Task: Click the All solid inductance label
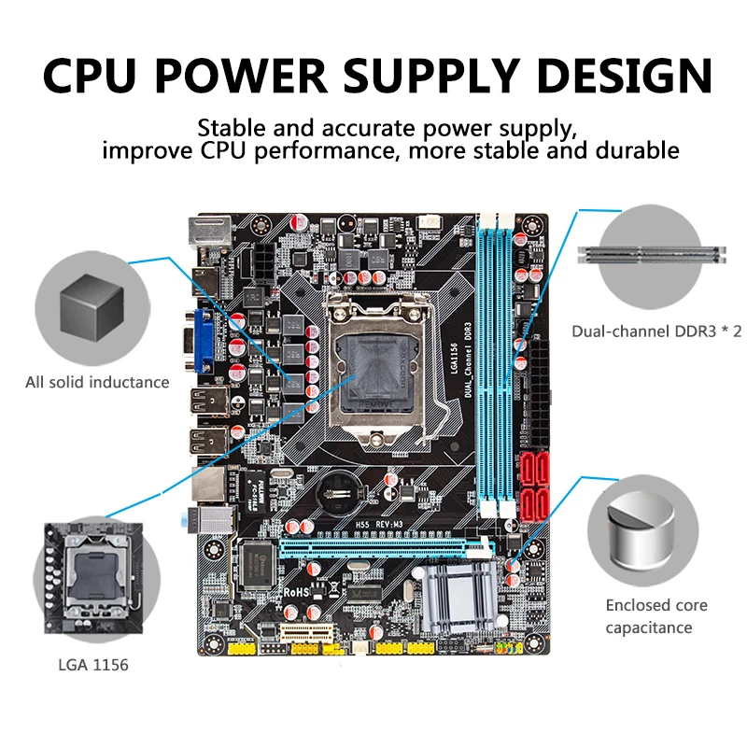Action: (x=98, y=382)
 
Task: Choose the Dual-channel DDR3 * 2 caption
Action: (x=656, y=331)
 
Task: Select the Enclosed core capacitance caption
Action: (x=656, y=616)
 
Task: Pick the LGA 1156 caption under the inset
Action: (x=92, y=666)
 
